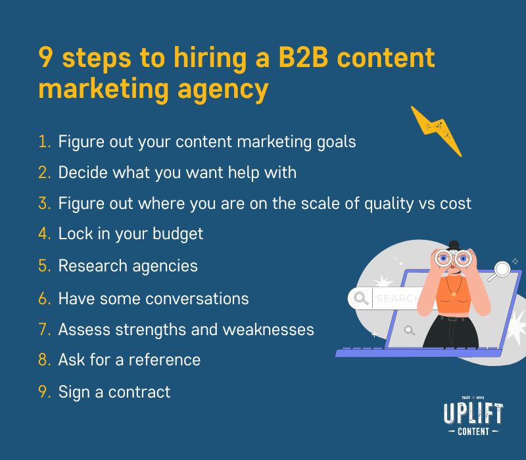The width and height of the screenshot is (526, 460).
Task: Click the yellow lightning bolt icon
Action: [437, 131]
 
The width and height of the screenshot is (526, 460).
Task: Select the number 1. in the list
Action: [44, 141]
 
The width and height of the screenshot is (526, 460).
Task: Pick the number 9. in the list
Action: [44, 392]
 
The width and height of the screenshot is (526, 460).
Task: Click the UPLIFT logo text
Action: [473, 413]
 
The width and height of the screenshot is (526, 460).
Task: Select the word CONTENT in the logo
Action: [473, 431]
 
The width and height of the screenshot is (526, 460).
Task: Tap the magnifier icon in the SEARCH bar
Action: [361, 299]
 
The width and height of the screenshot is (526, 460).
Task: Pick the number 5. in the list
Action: [44, 266]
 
